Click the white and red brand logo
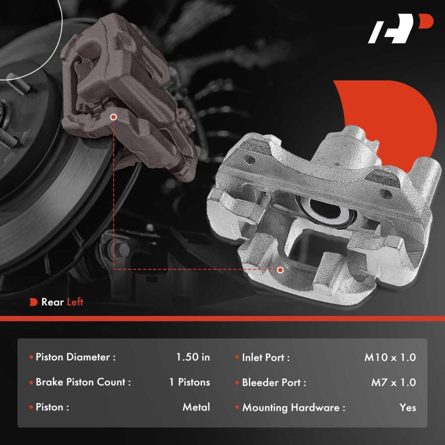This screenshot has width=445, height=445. (400, 28)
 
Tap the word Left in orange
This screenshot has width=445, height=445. (75, 302)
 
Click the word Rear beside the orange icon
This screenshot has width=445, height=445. (52, 302)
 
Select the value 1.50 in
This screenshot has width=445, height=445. (193, 357)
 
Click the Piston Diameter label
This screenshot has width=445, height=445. (76, 357)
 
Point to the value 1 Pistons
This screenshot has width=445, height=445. (189, 382)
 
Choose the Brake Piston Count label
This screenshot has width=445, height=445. (83, 382)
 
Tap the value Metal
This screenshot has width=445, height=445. (196, 407)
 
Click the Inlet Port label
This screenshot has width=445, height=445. (266, 357)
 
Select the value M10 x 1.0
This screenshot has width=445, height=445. (390, 357)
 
